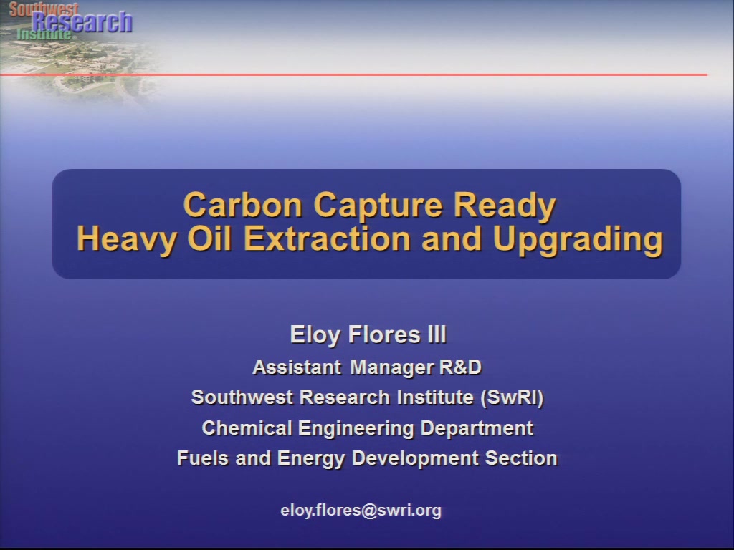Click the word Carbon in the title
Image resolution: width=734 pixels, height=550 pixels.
point(243,205)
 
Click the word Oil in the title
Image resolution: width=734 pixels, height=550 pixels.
point(209,238)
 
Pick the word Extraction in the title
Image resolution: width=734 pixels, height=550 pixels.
point(327,238)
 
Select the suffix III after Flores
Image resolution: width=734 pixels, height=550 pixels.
point(437,334)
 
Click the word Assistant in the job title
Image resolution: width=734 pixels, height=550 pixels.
point(297,367)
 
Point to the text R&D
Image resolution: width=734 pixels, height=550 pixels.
point(461,367)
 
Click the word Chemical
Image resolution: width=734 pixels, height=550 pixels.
point(247,428)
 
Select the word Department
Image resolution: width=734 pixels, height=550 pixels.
point(477,429)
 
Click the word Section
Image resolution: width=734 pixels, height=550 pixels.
point(522,458)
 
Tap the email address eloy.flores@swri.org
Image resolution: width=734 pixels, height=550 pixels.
point(361,510)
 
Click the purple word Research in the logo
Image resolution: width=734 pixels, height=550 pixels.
point(82,22)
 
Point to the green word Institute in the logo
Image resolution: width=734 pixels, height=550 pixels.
point(44,34)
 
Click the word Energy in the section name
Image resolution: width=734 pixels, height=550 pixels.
point(311,459)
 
